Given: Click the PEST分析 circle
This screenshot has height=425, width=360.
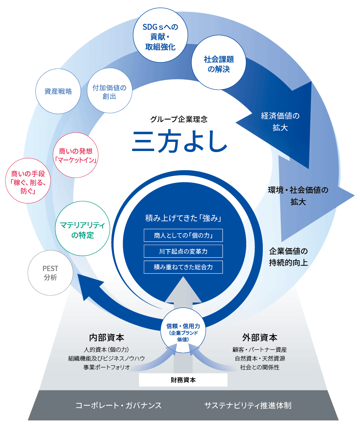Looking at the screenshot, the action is pos(50,273).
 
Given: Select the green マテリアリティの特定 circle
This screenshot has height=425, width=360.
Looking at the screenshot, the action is pos(82,229).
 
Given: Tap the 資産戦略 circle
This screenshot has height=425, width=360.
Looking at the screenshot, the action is pos(58,91).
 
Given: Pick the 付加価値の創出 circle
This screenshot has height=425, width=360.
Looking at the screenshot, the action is pos(110,91).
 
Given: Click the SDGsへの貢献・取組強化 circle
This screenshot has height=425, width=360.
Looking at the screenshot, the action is pos(160,35).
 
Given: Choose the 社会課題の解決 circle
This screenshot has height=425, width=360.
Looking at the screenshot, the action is pos(219,62).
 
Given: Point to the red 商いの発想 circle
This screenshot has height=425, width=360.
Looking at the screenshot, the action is pos(76,155).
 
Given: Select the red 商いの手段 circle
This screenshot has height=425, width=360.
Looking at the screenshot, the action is pos(28,181).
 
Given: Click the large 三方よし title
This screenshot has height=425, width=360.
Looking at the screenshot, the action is pos(179,141).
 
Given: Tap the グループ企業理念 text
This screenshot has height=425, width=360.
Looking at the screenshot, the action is pos(179,119).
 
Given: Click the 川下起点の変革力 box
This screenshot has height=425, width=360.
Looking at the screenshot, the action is pos(183,251).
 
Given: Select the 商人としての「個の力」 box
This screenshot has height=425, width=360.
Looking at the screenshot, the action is pos(183,235).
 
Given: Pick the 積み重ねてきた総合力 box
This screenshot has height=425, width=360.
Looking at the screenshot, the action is pos(183,267).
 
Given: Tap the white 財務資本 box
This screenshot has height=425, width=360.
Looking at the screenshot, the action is pos(183,380).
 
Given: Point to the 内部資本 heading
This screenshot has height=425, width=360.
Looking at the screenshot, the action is pos(107,338).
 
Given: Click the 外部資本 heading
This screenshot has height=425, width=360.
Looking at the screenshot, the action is pos(260,338).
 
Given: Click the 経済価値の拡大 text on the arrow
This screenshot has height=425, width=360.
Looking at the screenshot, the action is pos(280,122).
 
